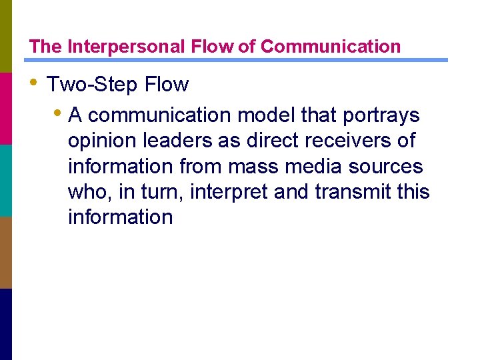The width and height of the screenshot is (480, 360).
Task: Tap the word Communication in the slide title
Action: click(x=331, y=47)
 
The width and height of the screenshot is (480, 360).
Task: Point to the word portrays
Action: click(x=381, y=115)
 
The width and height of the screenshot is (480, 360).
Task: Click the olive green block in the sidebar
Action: click(x=6, y=36)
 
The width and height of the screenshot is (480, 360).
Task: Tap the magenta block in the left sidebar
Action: click(x=6, y=108)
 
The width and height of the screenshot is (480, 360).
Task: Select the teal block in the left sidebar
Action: click(x=6, y=180)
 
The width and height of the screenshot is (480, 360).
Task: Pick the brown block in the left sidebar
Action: click(x=6, y=252)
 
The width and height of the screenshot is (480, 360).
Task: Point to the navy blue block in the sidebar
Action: click(x=6, y=324)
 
